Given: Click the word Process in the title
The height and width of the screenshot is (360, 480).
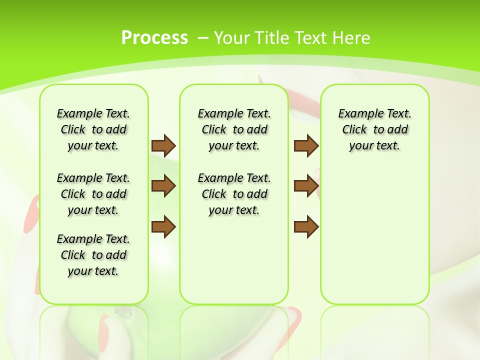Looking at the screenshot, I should coord(154,38).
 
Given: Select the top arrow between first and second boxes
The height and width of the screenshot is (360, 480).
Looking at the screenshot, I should coord(163,145).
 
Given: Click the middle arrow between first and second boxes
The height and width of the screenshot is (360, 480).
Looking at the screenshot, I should coord(163,186).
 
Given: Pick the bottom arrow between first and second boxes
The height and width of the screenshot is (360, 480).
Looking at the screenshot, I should coord(163,227).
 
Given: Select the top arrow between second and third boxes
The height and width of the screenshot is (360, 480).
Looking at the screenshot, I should coord(306,145).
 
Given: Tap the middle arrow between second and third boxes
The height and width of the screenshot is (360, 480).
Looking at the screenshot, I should coord(306,186).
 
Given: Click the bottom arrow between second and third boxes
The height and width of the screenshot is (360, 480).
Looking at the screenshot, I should coord(306,227).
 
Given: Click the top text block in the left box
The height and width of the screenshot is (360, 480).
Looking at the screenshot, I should coord(93,129).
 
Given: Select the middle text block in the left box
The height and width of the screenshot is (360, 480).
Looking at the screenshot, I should coord(93,194).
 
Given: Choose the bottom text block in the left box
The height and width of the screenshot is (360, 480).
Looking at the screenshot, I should coord(93,255).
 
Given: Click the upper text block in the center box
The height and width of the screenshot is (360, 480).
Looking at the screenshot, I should coord(234,129).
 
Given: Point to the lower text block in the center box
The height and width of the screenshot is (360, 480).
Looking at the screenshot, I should coord(234,194).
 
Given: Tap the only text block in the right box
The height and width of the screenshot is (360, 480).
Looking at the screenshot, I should coord(374,129).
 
